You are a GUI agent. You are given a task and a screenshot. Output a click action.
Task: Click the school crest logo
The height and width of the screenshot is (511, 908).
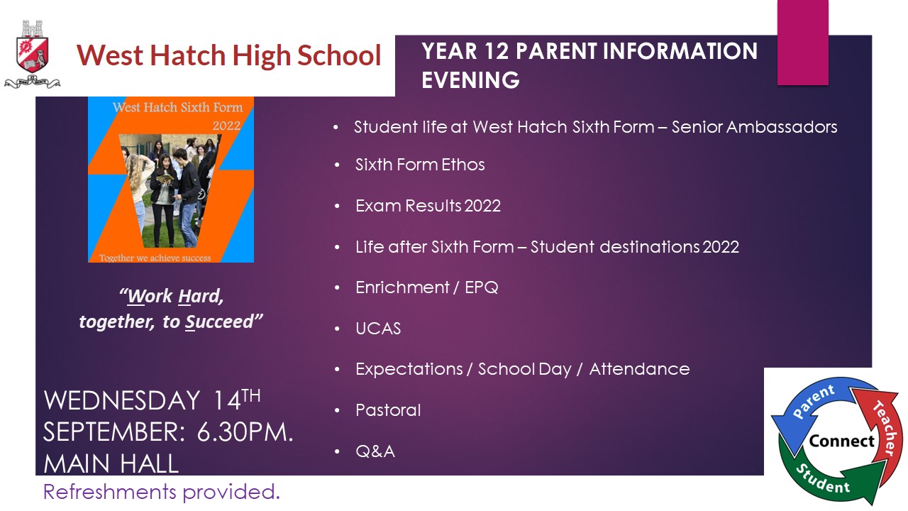click(33, 54)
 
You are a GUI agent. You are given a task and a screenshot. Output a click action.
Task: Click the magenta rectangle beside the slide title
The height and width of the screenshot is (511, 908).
click(802, 42)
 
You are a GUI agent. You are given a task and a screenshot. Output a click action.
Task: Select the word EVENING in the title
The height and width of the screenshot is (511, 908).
click(470, 80)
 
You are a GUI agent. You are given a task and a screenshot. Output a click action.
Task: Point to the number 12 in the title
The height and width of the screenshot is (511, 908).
click(496, 52)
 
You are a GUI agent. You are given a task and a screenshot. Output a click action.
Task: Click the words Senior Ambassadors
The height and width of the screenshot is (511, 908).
click(754, 127)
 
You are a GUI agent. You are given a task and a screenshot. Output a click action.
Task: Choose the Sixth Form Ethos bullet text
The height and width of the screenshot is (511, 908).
click(420, 165)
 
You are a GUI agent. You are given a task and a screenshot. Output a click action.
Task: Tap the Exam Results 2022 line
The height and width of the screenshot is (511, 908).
click(428, 206)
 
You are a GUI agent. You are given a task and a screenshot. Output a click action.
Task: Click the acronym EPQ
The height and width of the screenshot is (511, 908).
click(481, 287)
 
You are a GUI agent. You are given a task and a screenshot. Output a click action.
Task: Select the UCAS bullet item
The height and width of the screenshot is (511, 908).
click(378, 329)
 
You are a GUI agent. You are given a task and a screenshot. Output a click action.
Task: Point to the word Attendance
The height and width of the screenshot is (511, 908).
click(639, 369)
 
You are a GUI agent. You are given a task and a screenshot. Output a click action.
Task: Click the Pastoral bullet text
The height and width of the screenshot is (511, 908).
click(388, 410)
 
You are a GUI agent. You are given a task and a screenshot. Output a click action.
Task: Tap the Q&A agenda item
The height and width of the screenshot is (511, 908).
click(375, 451)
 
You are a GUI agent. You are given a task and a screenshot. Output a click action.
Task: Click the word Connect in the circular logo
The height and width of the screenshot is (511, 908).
click(841, 441)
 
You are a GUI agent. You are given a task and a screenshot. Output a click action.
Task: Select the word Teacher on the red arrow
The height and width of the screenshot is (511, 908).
click(887, 428)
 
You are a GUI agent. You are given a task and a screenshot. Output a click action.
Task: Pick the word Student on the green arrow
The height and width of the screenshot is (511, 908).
click(823, 479)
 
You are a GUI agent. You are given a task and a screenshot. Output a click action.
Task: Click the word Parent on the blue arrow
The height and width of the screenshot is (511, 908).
click(813, 401)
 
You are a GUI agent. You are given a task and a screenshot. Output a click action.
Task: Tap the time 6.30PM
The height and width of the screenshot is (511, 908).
click(245, 432)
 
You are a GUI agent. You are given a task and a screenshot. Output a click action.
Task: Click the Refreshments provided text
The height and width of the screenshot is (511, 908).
click(161, 492)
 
